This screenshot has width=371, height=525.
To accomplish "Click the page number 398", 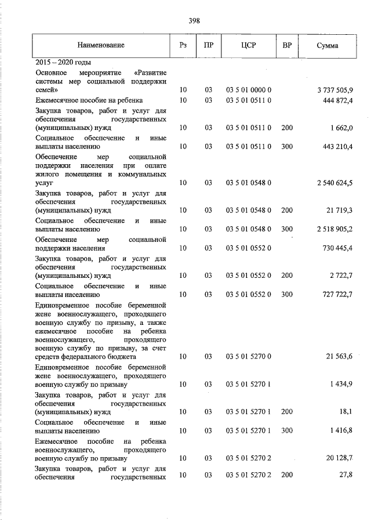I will (x=194, y=20).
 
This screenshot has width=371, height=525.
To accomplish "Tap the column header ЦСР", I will (x=248, y=45).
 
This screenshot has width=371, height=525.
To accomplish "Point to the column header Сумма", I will (x=328, y=45).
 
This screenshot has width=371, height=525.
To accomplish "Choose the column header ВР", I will (x=286, y=45).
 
